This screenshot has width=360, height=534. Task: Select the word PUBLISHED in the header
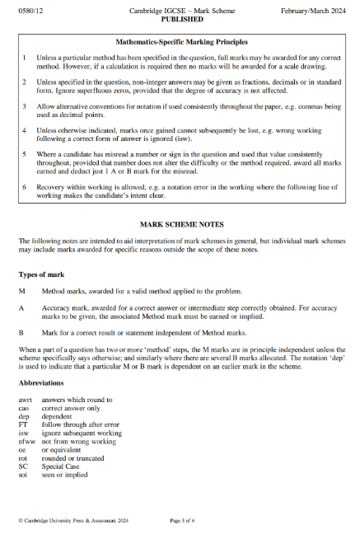pos(180,16)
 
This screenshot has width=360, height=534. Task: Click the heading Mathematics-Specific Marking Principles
pos(180,40)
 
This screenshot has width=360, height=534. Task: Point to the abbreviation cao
pos(24,407)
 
